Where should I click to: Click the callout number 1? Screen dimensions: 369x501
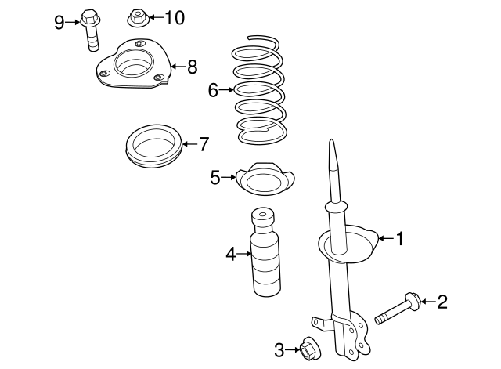[x=400, y=238]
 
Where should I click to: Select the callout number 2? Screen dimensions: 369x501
[x=442, y=300]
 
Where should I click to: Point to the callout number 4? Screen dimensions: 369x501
[x=230, y=253]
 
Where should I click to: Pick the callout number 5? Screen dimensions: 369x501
[x=215, y=178]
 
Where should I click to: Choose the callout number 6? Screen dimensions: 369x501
[x=213, y=90]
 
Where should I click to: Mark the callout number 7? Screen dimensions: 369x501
[x=204, y=143]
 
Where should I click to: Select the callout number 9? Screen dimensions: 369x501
[x=59, y=21]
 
